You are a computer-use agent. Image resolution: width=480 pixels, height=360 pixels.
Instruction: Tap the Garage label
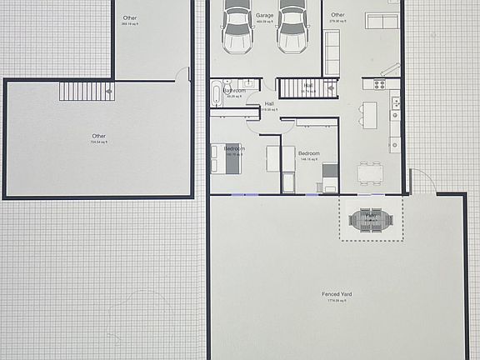click(265, 16)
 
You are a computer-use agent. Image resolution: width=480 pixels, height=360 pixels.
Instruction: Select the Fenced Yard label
click(337, 294)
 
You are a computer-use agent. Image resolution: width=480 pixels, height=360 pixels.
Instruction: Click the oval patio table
click(371, 221)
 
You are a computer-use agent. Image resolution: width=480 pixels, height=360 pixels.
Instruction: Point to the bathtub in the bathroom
click(217, 91)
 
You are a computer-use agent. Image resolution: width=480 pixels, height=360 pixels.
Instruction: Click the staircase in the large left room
click(86, 91)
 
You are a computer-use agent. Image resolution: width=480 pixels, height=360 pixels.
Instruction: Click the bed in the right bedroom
click(330, 177)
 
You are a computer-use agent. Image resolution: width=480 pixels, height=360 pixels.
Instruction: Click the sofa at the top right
click(382, 20)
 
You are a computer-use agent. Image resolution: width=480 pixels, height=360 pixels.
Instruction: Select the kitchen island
click(370, 112)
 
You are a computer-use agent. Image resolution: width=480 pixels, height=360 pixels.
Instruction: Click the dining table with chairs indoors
click(371, 172)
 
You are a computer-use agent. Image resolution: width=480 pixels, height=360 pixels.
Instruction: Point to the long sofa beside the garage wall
click(332, 52)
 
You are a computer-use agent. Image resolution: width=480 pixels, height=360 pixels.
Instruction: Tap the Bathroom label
click(234, 91)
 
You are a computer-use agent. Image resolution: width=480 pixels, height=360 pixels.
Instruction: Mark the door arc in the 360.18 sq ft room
click(182, 75)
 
